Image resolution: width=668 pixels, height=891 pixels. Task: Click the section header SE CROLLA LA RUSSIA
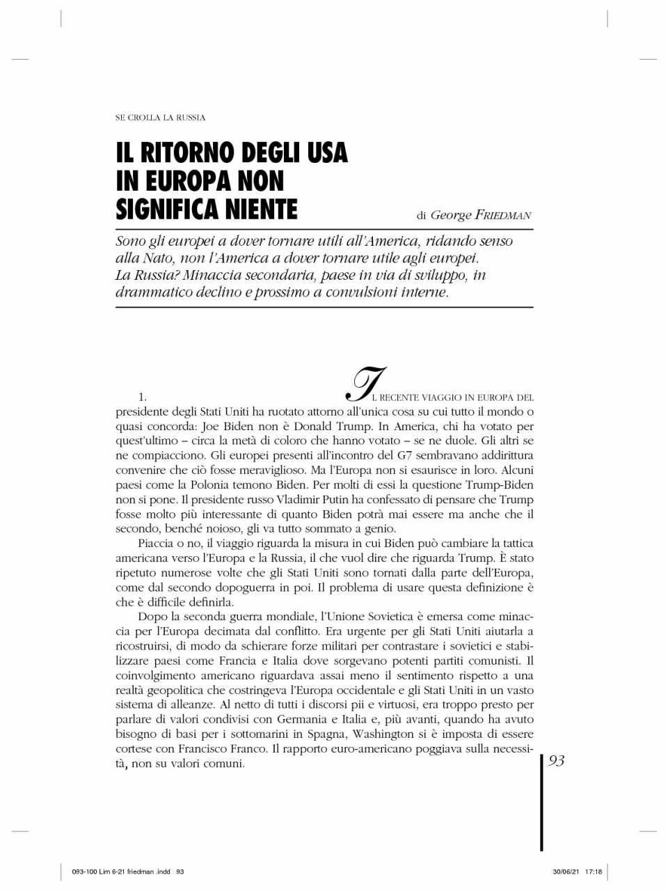[160, 118]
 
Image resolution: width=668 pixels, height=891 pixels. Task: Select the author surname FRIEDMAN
[503, 215]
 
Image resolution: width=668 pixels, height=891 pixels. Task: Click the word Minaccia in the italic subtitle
[212, 275]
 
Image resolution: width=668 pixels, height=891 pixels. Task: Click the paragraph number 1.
[141, 397]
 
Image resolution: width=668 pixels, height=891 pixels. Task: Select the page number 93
[557, 761]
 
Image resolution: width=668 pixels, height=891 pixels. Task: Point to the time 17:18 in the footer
[594, 872]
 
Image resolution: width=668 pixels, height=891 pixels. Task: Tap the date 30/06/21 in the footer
[566, 872]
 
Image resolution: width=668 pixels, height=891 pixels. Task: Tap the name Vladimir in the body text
[299, 499]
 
